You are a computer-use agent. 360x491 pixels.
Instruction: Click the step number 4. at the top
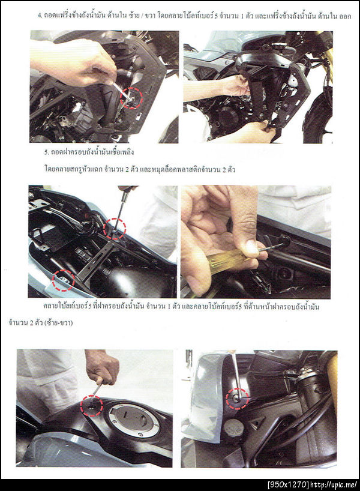click(x=40, y=16)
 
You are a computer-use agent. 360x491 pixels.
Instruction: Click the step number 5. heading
click(x=46, y=152)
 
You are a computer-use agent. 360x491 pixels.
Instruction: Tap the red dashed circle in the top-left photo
click(x=131, y=98)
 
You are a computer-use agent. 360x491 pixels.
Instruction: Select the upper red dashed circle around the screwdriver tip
click(x=115, y=229)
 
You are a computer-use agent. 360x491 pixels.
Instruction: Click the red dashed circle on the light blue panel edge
click(x=63, y=280)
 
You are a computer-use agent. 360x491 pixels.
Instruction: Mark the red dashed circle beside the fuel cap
click(x=92, y=406)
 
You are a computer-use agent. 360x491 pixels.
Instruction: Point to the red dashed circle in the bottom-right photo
click(x=237, y=399)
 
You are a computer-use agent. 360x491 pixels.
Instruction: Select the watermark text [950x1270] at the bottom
click(x=288, y=485)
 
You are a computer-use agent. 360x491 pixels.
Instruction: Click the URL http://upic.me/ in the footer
click(x=334, y=485)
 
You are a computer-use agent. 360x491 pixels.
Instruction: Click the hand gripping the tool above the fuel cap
click(x=102, y=367)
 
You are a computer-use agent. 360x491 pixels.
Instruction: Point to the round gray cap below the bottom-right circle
click(x=232, y=427)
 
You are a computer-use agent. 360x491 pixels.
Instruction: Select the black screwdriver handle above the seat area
click(x=126, y=191)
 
